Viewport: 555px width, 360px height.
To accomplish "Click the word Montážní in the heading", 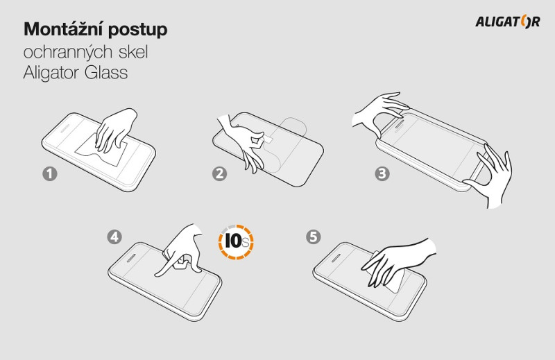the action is [64, 29].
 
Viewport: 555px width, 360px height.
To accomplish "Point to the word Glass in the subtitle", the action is [106, 73].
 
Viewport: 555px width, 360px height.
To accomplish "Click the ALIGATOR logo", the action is [508, 22].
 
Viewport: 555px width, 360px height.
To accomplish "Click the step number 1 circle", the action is [49, 174].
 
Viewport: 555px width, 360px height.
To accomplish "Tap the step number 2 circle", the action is [219, 173].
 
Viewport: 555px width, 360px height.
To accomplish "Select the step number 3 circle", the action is [382, 173].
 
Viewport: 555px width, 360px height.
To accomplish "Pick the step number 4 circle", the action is [114, 237].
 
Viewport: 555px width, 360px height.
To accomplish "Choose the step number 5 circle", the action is [314, 237].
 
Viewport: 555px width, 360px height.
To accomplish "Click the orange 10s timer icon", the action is [236, 242].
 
